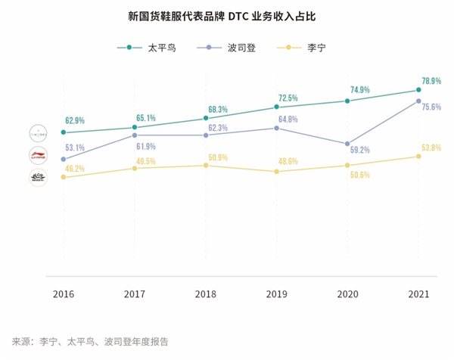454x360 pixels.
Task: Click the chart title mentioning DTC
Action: pos(226,16)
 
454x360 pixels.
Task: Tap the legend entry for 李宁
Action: pos(308,48)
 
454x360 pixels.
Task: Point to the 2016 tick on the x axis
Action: pos(63,294)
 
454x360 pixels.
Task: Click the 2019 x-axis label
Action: pos(276,294)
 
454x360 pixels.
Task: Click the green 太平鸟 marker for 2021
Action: pos(418,90)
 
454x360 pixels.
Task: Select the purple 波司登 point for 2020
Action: pos(347,144)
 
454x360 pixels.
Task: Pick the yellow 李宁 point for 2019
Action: pos(276,172)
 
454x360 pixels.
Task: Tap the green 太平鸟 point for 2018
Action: pos(205,118)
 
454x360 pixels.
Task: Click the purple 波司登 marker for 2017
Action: pos(134,135)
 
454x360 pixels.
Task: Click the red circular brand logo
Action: pos(38,156)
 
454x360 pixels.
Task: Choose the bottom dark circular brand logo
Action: pos(38,178)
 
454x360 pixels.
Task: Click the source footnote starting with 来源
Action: pos(90,340)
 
